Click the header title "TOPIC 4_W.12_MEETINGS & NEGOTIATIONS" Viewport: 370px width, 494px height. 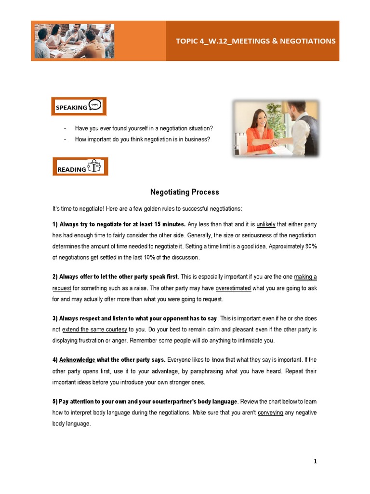tap(255, 41)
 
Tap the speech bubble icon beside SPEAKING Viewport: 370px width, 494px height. tap(95, 106)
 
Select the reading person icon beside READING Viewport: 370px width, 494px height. tap(94, 166)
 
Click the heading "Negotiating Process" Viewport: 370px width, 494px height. tap(185, 192)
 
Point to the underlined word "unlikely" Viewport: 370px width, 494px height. tap(266, 224)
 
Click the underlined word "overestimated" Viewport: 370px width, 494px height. tap(233, 288)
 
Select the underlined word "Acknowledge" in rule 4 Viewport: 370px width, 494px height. tap(77, 360)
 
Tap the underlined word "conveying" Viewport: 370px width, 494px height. tap(270, 412)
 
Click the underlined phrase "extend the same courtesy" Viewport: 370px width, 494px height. tap(95, 329)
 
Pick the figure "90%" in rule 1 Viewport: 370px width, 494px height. tap(310, 247)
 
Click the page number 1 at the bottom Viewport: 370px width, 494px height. tap(315, 461)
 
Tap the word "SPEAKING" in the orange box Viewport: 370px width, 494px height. tap(71, 108)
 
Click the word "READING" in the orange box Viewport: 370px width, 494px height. tap(72, 169)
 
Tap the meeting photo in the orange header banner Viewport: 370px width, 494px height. tap(74, 41)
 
